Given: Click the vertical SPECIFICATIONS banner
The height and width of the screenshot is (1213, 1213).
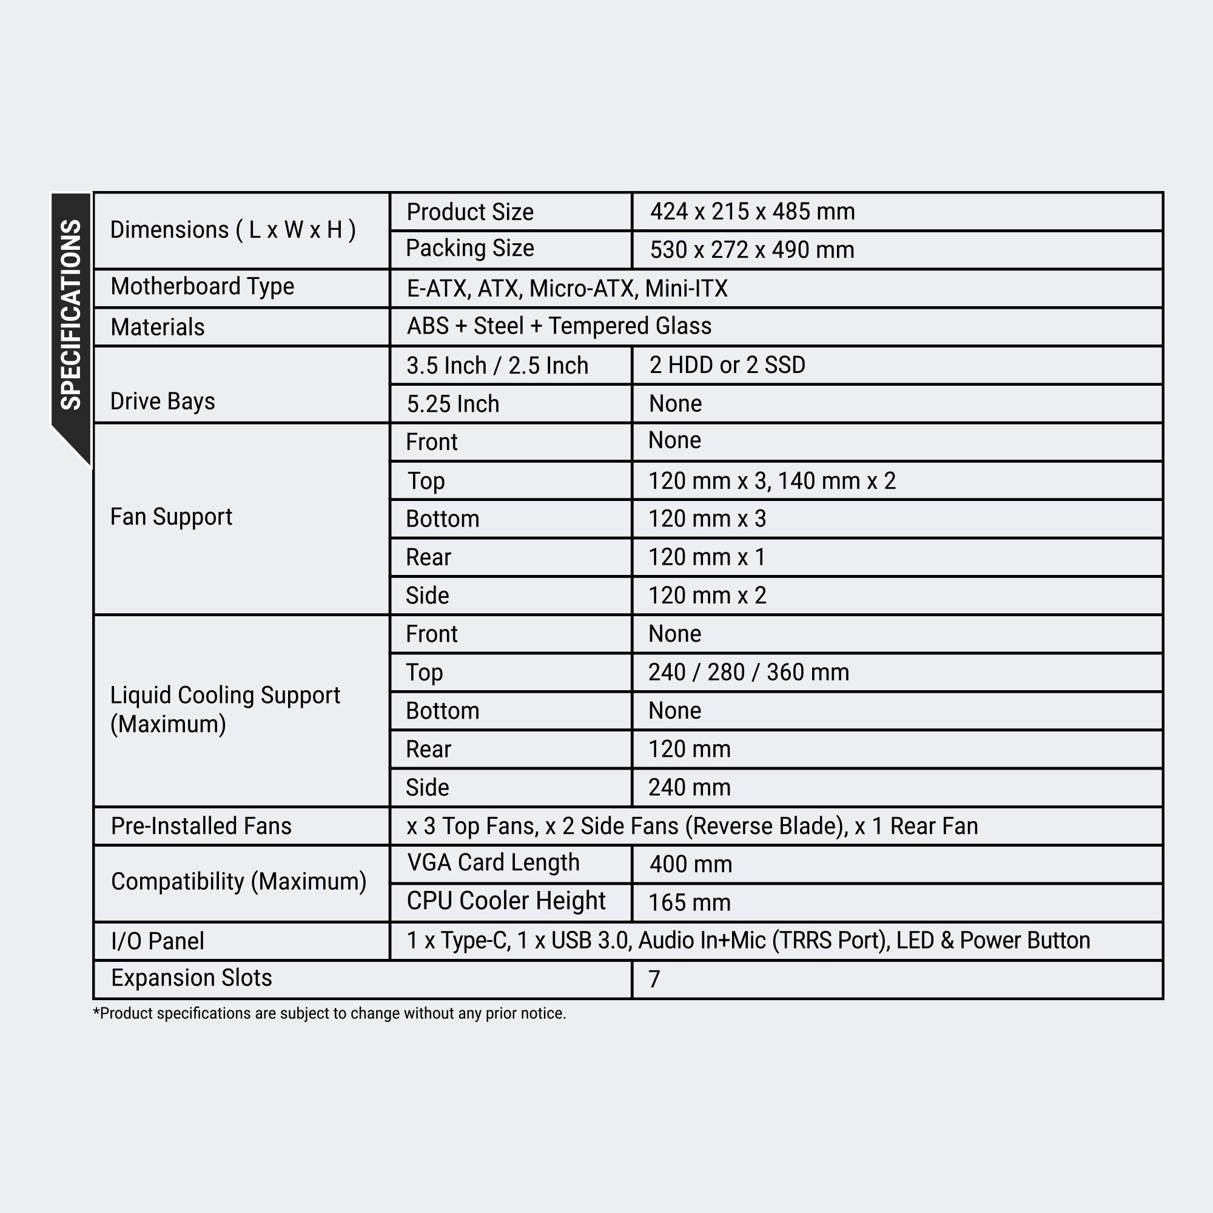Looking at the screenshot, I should (71, 314).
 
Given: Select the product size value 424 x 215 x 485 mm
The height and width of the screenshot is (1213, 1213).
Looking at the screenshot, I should (752, 212).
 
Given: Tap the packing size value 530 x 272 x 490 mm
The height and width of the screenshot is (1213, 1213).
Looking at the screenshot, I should (751, 250).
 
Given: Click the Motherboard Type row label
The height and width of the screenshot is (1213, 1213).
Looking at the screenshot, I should (202, 287).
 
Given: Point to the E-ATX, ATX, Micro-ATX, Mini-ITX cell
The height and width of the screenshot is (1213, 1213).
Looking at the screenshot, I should (567, 289).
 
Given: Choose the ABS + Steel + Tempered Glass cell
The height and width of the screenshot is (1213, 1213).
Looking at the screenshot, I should (559, 326).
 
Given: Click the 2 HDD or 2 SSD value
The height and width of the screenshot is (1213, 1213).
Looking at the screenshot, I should (727, 365).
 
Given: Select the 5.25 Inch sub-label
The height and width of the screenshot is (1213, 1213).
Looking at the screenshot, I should (452, 405).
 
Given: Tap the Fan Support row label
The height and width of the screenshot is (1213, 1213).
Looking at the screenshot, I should (171, 517).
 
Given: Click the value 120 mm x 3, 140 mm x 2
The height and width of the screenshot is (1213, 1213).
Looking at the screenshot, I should (771, 481).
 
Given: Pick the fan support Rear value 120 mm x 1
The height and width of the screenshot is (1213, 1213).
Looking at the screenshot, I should (707, 557).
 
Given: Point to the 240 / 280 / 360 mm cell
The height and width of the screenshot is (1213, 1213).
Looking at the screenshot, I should (748, 673).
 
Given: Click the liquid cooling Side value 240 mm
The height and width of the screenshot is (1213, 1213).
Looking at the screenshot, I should (690, 788).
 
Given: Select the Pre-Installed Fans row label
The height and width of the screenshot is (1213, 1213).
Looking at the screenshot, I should (201, 826).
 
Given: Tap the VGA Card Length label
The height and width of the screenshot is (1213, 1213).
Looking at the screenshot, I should (493, 863).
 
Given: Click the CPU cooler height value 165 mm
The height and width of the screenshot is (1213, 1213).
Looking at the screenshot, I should (690, 903).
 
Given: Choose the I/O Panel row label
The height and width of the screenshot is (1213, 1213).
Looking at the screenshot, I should (158, 941).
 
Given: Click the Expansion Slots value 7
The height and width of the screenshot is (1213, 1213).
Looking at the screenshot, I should (654, 979).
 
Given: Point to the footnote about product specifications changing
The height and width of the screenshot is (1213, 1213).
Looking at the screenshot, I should (329, 1013).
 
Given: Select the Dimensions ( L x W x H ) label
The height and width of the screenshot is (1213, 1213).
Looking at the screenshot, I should (233, 230).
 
